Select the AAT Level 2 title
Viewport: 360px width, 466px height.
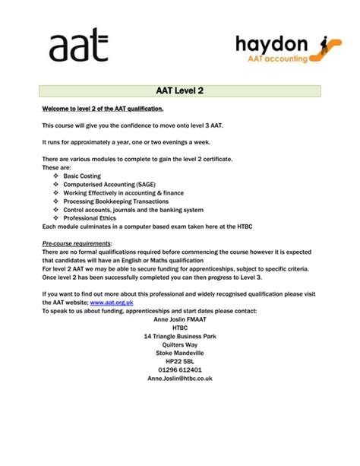click(180, 92)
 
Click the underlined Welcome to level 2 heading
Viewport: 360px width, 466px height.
click(103, 109)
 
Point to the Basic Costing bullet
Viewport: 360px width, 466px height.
click(82, 175)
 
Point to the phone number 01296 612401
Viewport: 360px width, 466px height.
click(180, 369)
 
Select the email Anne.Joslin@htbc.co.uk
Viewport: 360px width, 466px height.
click(180, 378)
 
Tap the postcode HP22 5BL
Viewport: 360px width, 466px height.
click(180, 361)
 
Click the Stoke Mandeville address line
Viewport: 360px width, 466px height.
click(180, 353)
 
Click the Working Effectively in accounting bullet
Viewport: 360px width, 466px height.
click(122, 192)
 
